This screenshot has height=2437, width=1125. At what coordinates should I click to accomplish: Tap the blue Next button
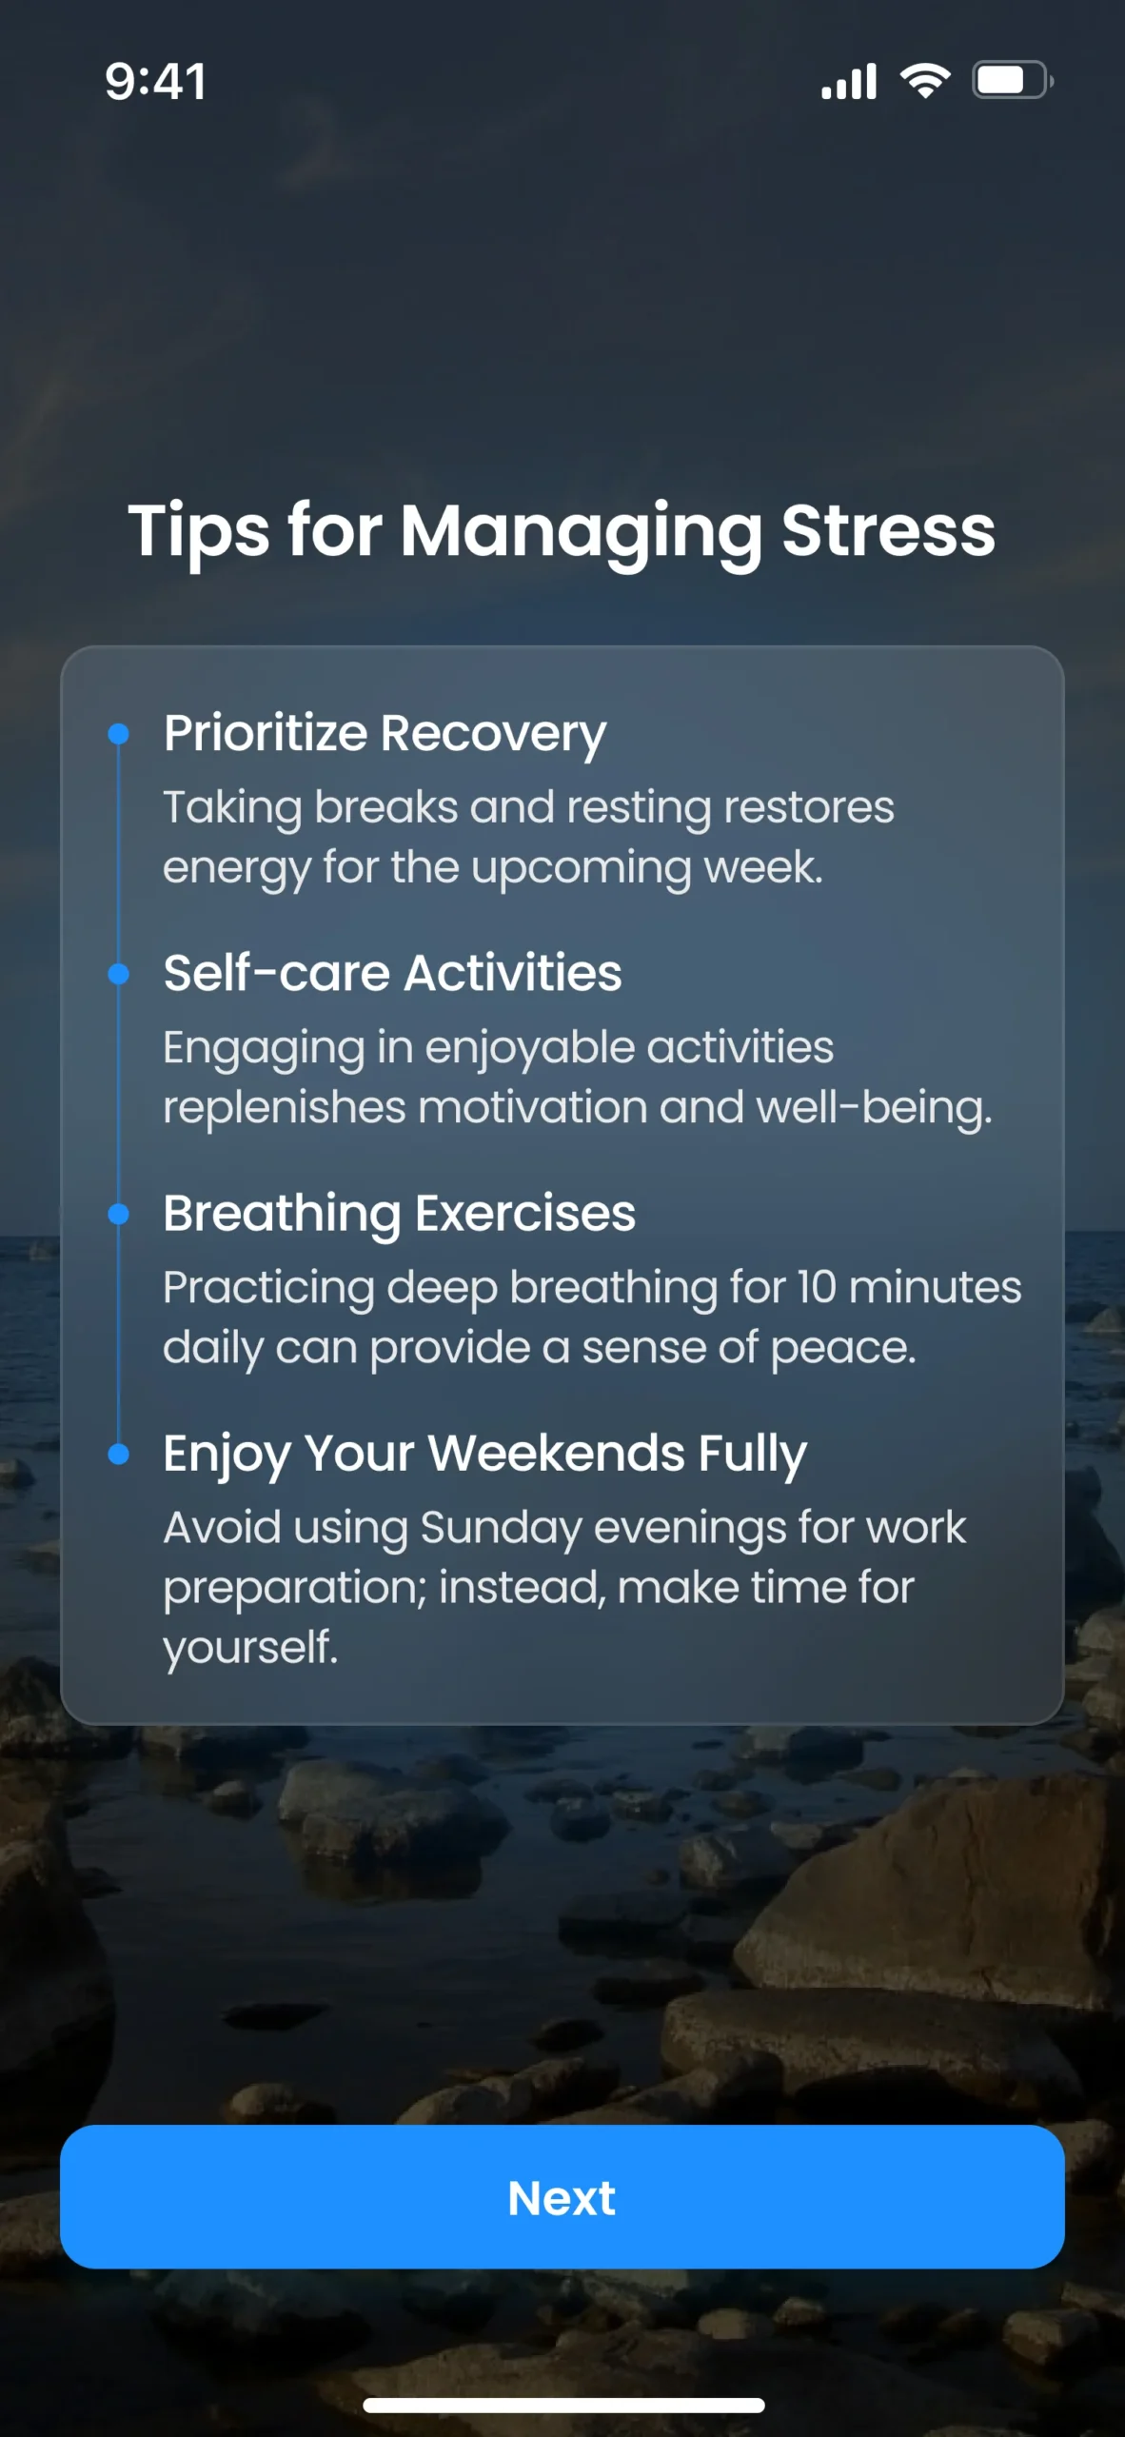coord(562,2196)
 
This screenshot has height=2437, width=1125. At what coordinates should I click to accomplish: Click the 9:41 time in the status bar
coord(155,81)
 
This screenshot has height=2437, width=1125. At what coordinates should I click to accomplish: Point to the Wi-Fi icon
coord(926,81)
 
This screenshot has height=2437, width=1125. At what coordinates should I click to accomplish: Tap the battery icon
coord(1013,81)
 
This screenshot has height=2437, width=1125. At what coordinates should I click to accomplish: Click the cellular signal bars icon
coord(849,82)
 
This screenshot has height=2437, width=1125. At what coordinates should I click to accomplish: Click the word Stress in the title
coord(888,530)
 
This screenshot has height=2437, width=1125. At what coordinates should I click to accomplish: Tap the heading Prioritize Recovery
coord(385,735)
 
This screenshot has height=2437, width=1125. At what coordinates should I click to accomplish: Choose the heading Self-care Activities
coord(392,973)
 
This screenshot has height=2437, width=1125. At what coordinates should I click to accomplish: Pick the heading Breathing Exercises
coord(399,1215)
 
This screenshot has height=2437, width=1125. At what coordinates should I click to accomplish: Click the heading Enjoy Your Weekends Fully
coord(484,1455)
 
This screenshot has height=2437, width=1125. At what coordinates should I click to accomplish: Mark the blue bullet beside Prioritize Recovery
coord(119,734)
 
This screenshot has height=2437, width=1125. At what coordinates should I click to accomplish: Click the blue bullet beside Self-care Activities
coord(119,974)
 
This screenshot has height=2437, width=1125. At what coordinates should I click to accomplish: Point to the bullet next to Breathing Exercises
coord(119,1214)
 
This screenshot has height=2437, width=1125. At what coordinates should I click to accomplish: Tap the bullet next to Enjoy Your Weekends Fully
coord(119,1454)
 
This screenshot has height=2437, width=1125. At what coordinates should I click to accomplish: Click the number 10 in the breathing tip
coord(817,1287)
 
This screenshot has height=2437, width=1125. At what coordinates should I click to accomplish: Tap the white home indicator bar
coord(563,2405)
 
